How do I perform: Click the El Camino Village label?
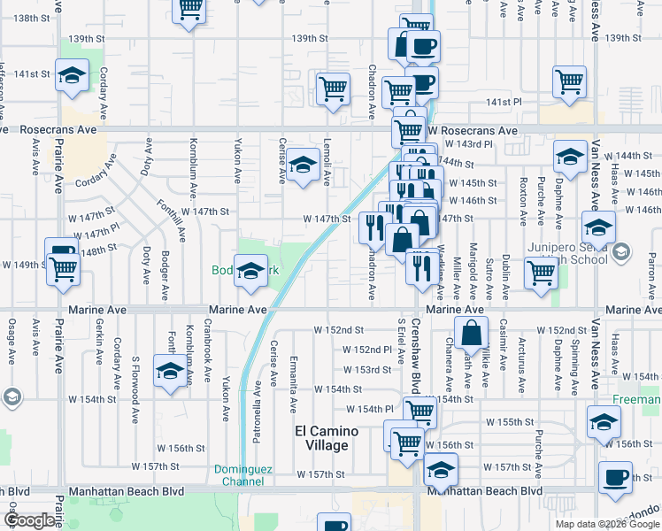point(327,438)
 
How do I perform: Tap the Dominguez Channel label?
point(238,475)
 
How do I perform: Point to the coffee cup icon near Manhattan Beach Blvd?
point(614,477)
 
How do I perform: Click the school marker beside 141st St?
point(72,75)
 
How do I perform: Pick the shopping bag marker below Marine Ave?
point(472,334)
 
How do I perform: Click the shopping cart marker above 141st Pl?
point(569,81)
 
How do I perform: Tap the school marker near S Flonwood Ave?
point(169,371)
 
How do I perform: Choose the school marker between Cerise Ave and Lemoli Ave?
point(303,165)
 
